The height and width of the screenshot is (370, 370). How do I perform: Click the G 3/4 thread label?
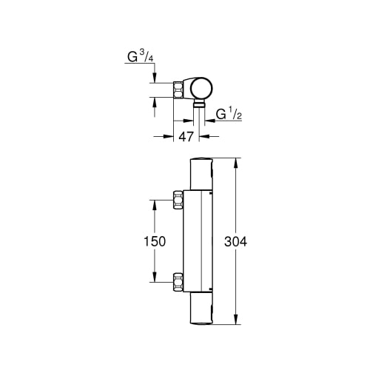141,57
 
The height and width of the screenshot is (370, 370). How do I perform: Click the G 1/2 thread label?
229,114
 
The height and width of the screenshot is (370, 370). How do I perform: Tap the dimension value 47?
186,136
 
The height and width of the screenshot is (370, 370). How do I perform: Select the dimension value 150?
155,241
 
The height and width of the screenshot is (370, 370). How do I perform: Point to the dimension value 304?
235,241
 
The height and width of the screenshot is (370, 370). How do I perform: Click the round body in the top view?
202,88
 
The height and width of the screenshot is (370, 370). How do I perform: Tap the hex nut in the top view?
178,90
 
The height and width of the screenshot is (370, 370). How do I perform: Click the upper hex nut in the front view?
178,200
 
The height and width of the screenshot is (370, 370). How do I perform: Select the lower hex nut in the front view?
178,282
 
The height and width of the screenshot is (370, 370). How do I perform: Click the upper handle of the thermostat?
201,174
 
